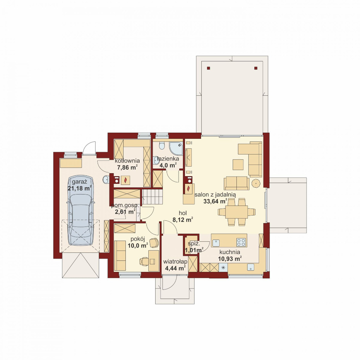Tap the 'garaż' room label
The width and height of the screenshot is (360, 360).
[79, 182]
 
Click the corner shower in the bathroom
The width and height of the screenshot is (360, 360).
[176, 148]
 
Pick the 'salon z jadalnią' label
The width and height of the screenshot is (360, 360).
[215, 195]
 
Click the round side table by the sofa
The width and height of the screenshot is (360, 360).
[256, 183]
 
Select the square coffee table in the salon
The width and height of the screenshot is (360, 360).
[238, 165]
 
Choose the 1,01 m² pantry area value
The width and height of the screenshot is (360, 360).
[194, 250]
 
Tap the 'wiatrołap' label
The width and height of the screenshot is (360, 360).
[175, 262]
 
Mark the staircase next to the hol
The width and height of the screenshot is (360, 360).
[152, 196]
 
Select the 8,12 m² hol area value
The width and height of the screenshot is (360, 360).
[183, 220]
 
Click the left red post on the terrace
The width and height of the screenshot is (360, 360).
[208, 68]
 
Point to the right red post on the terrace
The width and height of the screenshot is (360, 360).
[256, 68]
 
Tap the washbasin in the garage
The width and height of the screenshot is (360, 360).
[106, 180]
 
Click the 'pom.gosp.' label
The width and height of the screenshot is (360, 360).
[125, 206]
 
